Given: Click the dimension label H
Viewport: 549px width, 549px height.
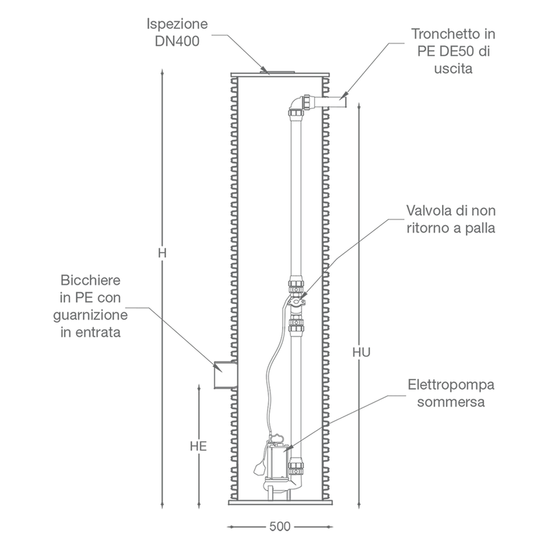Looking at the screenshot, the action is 162,253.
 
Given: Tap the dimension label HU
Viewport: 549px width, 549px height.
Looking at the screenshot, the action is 362,352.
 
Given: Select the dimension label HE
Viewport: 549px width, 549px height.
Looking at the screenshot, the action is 198,446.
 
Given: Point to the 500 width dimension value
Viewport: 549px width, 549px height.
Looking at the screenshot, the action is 280,526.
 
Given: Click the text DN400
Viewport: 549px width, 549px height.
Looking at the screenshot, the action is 177,41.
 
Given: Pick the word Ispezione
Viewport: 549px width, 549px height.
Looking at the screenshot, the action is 177,24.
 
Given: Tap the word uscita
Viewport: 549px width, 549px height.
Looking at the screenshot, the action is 453,68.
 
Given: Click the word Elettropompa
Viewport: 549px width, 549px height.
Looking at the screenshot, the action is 451,385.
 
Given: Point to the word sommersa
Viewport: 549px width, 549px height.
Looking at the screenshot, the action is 451,402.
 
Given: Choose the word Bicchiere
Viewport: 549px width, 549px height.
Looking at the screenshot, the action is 91,280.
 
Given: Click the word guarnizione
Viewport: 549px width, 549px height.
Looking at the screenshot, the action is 91,315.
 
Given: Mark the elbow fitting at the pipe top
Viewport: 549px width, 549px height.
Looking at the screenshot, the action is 296,104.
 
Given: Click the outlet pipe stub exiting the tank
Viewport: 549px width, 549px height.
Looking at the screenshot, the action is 331,102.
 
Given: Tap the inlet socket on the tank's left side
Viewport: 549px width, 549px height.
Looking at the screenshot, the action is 225,374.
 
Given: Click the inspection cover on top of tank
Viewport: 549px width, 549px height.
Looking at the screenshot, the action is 279,72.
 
